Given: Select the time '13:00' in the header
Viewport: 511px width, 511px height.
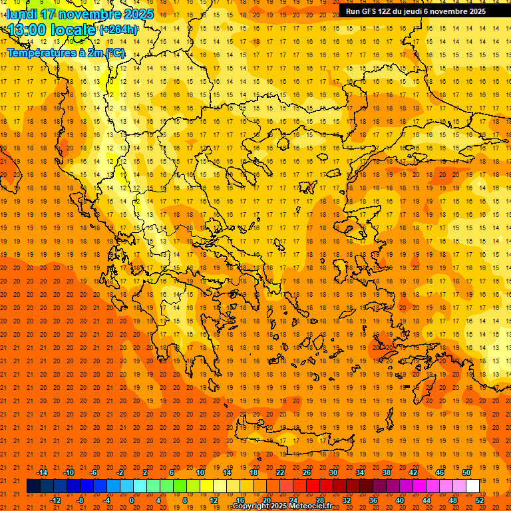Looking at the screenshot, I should pyautogui.click(x=29, y=29).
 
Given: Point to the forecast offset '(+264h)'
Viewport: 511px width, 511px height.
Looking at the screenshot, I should pyautogui.click(x=118, y=30).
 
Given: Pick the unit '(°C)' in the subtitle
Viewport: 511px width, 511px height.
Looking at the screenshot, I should pyautogui.click(x=114, y=53).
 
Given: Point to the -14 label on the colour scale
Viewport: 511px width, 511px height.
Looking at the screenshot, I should pyautogui.click(x=42, y=472).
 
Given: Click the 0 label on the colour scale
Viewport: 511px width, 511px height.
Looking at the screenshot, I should pyautogui.click(x=132, y=500).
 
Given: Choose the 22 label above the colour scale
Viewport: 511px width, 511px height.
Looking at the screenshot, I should pyautogui.click(x=280, y=472).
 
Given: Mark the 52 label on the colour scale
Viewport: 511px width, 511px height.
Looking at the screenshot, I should pyautogui.click(x=480, y=500).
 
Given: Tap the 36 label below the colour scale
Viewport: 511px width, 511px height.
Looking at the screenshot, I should pyautogui.click(x=373, y=500).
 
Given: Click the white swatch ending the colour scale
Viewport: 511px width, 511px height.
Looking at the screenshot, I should pyautogui.click(x=472, y=486).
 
